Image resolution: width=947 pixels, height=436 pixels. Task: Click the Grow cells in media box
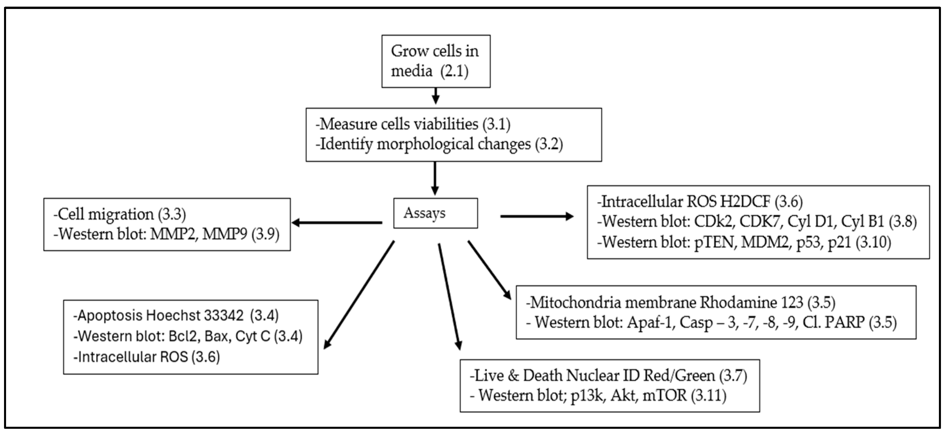tap(436, 61)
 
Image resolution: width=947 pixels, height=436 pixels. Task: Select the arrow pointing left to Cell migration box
tap(336, 223)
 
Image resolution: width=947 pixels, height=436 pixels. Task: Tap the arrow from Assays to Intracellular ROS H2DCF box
tap(536, 216)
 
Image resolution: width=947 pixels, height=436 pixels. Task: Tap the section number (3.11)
tap(708, 396)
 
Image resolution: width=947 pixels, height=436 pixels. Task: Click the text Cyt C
tap(252, 336)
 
